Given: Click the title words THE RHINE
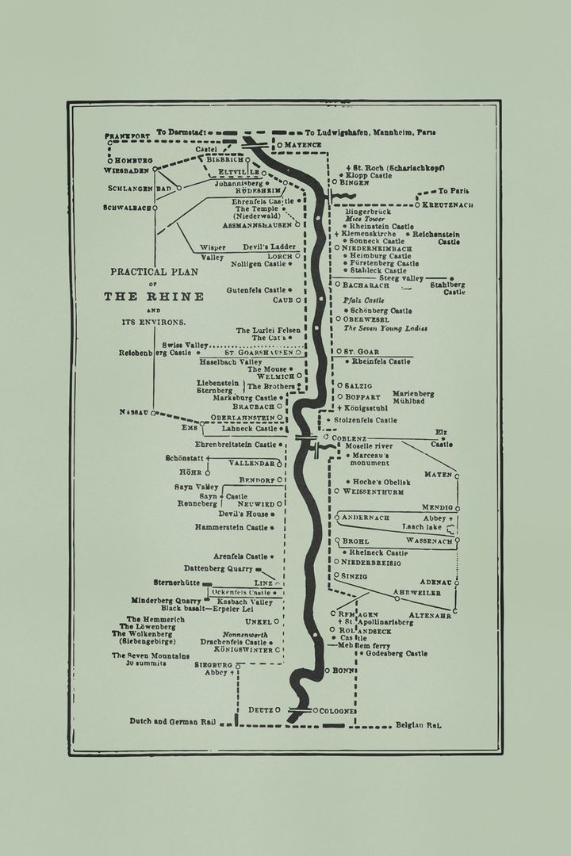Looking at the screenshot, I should [x=154, y=296].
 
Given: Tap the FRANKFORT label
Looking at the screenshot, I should [x=127, y=136].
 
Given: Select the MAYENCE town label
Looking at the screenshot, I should [x=302, y=145].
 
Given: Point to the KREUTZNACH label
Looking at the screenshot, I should [x=447, y=205].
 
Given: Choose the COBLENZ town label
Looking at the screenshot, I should [x=350, y=438].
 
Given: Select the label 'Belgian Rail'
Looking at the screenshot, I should [x=418, y=724].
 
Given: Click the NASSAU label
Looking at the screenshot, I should [x=134, y=412].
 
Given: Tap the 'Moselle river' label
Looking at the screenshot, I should [x=371, y=446].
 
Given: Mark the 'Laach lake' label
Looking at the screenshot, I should [x=423, y=526].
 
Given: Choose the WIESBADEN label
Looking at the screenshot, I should [x=127, y=170].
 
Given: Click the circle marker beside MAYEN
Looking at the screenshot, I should [x=457, y=475].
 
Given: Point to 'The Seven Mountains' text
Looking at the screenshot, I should [x=151, y=655].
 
